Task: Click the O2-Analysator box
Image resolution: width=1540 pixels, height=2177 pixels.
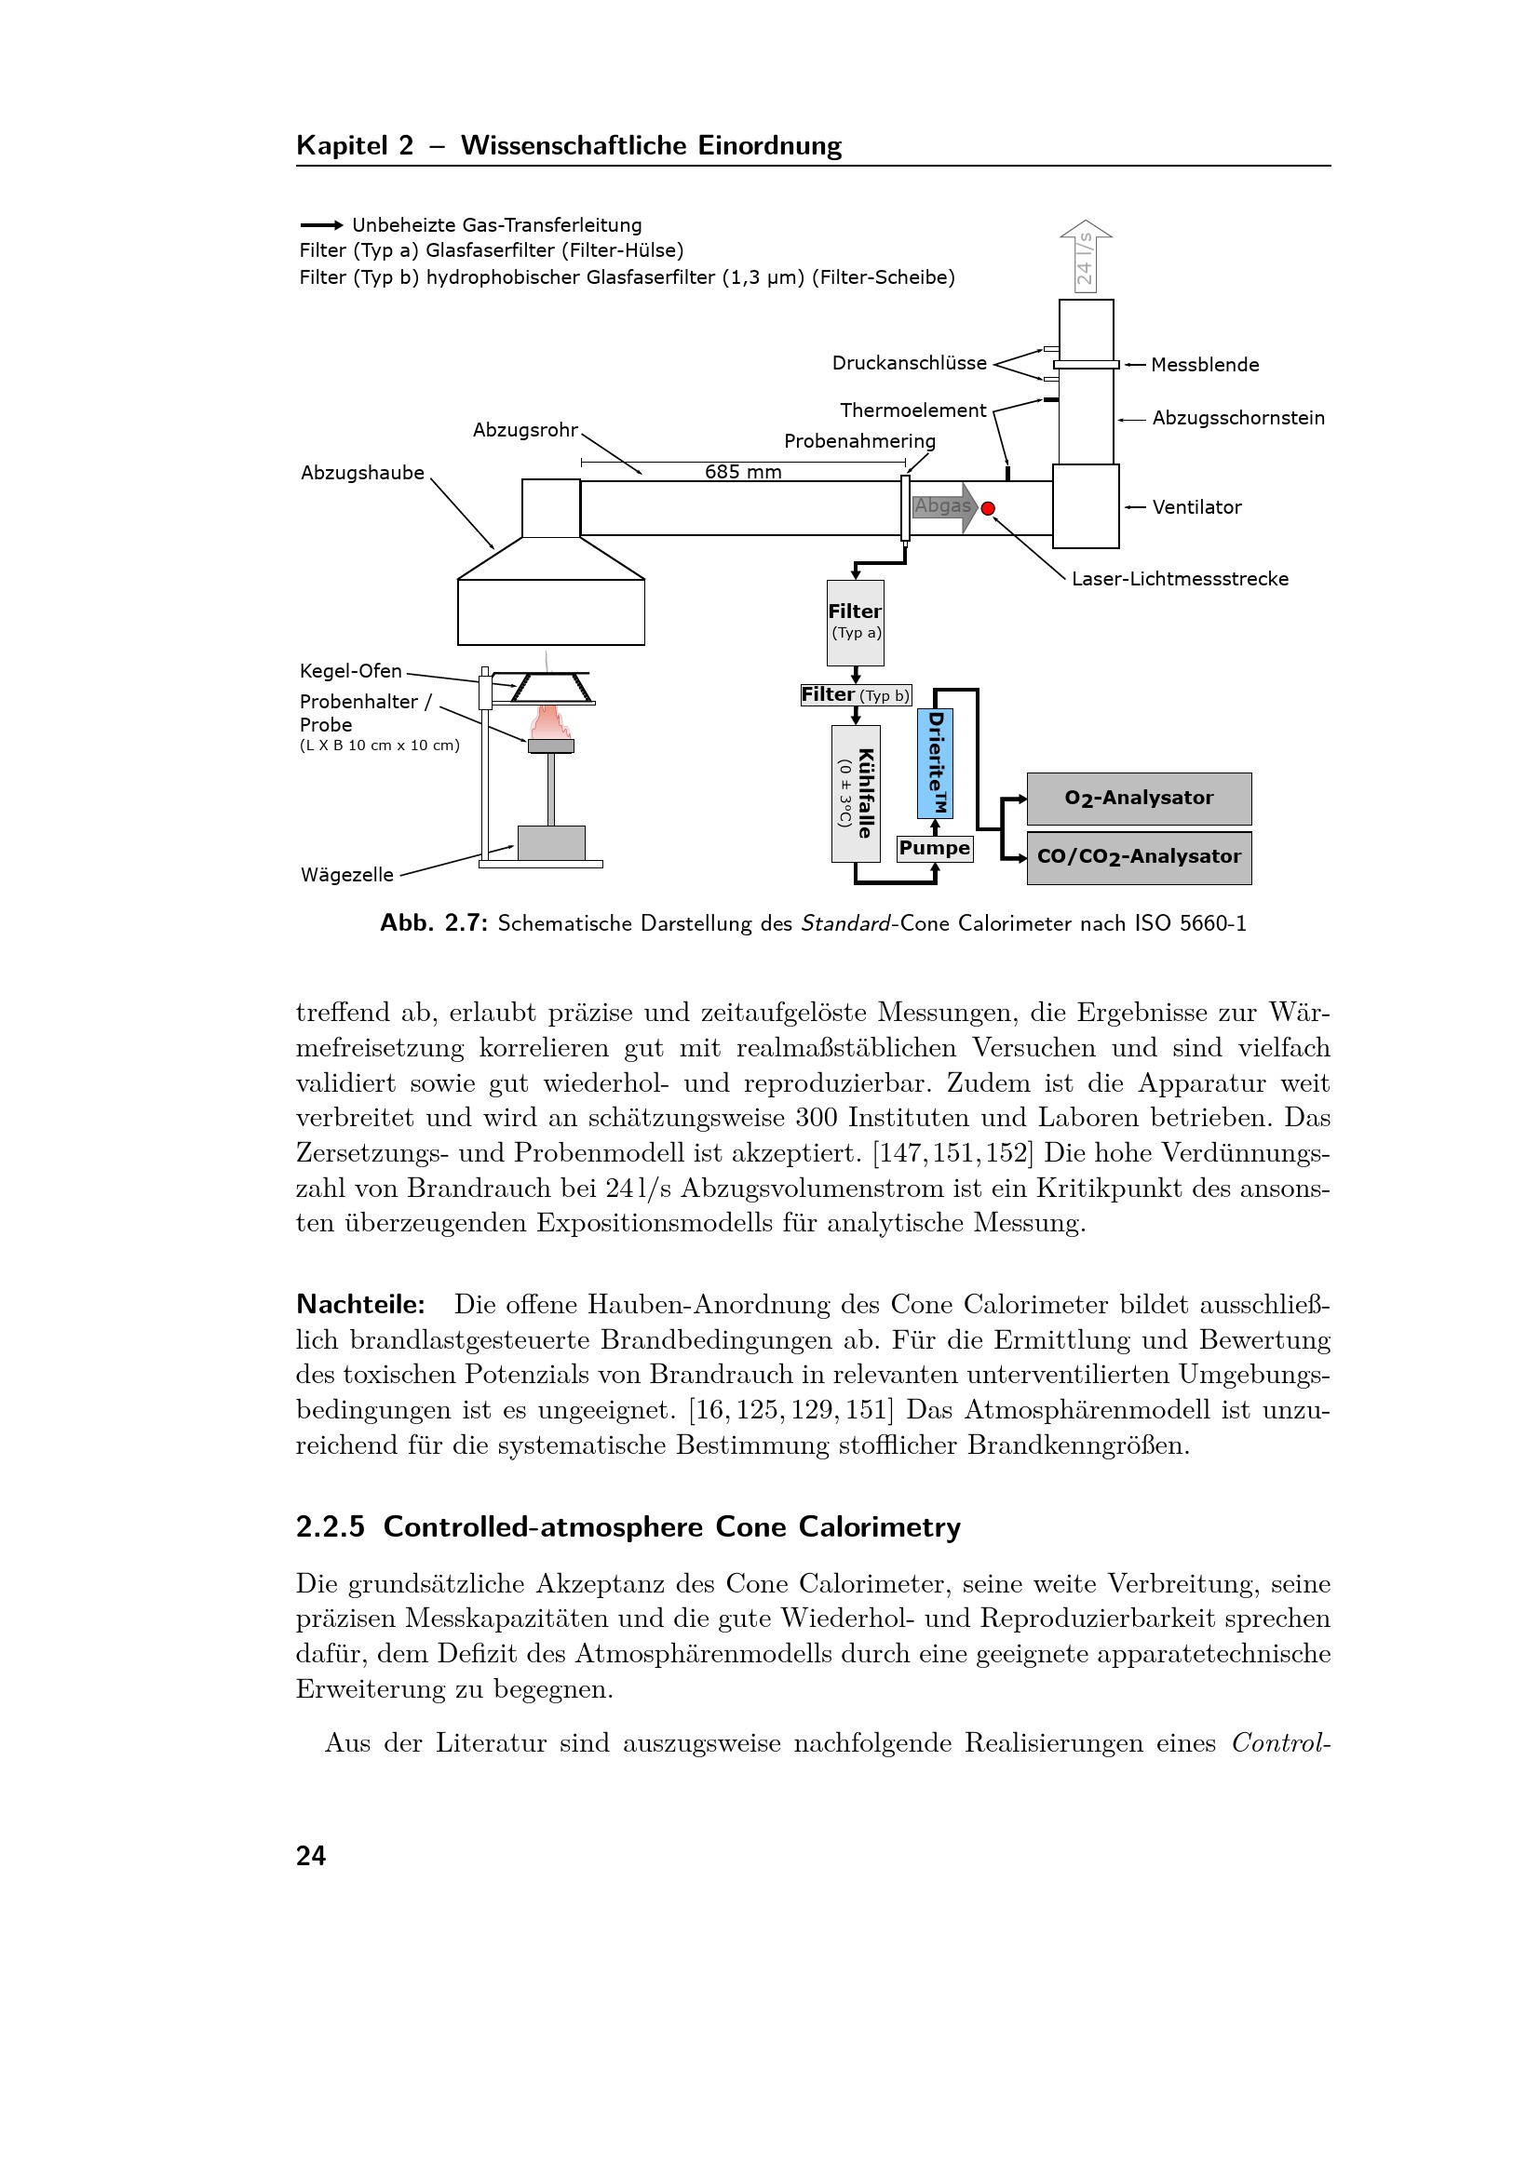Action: pyautogui.click(x=1138, y=799)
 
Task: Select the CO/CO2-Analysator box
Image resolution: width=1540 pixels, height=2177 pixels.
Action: pyautogui.click(x=1138, y=857)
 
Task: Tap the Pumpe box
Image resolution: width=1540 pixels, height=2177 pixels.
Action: pyautogui.click(x=934, y=848)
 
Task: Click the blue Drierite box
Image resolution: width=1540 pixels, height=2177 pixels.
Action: pyautogui.click(x=935, y=764)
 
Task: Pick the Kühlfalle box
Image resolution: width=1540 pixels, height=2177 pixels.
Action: pyautogui.click(x=856, y=794)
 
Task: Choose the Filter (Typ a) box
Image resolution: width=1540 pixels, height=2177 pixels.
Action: pyautogui.click(x=855, y=622)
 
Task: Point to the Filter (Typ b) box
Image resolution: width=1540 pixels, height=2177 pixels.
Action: pyautogui.click(x=856, y=695)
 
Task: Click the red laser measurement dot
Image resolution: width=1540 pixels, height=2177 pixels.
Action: pyautogui.click(x=988, y=508)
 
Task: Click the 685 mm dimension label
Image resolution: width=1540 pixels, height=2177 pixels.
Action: pyautogui.click(x=742, y=472)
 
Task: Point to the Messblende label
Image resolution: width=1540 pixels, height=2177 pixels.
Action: pyautogui.click(x=1204, y=365)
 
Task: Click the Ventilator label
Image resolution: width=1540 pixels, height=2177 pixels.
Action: pyautogui.click(x=1196, y=507)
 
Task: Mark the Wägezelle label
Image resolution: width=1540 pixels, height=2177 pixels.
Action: pyautogui.click(x=347, y=875)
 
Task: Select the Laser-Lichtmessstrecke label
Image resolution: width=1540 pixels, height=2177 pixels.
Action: pyautogui.click(x=1180, y=579)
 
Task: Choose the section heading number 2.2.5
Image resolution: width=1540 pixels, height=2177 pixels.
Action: pyautogui.click(x=330, y=1527)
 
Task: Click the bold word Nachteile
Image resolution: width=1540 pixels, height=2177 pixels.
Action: pyautogui.click(x=360, y=1305)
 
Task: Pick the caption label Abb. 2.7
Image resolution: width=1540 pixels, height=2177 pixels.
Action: pyautogui.click(x=433, y=923)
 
